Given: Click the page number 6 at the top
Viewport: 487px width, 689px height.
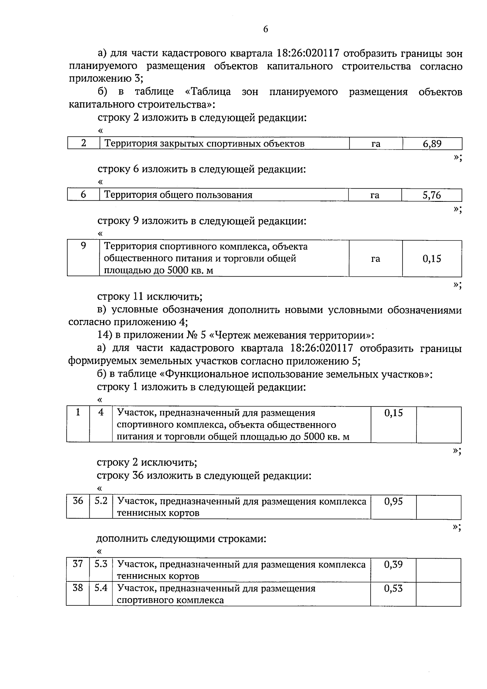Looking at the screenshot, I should pos(265,29).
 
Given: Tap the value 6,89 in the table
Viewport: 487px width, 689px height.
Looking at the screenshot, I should pos(432,144).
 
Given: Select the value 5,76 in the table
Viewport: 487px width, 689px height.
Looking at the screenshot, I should pos(431,195).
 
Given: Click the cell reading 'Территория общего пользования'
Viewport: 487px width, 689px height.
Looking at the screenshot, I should pos(179,195).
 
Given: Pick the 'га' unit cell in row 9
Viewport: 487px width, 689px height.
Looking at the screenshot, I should pos(375,259).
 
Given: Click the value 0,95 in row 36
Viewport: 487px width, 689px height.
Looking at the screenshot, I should pos(393,501).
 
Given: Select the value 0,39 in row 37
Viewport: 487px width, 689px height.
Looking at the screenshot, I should pos(393,564).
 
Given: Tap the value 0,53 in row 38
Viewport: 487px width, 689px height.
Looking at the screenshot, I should pos(393,588).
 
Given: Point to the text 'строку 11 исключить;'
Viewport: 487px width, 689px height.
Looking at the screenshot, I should pos(149,296).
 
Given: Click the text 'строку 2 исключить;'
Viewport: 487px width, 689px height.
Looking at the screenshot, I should pos(147,462).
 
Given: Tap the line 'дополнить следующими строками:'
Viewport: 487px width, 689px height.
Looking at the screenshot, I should pos(181,539).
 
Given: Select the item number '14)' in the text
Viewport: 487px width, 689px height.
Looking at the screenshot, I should pos(104,336).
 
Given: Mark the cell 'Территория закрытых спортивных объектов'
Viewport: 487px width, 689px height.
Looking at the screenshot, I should pos(205,144).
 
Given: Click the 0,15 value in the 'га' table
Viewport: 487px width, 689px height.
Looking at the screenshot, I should pos(432,259).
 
